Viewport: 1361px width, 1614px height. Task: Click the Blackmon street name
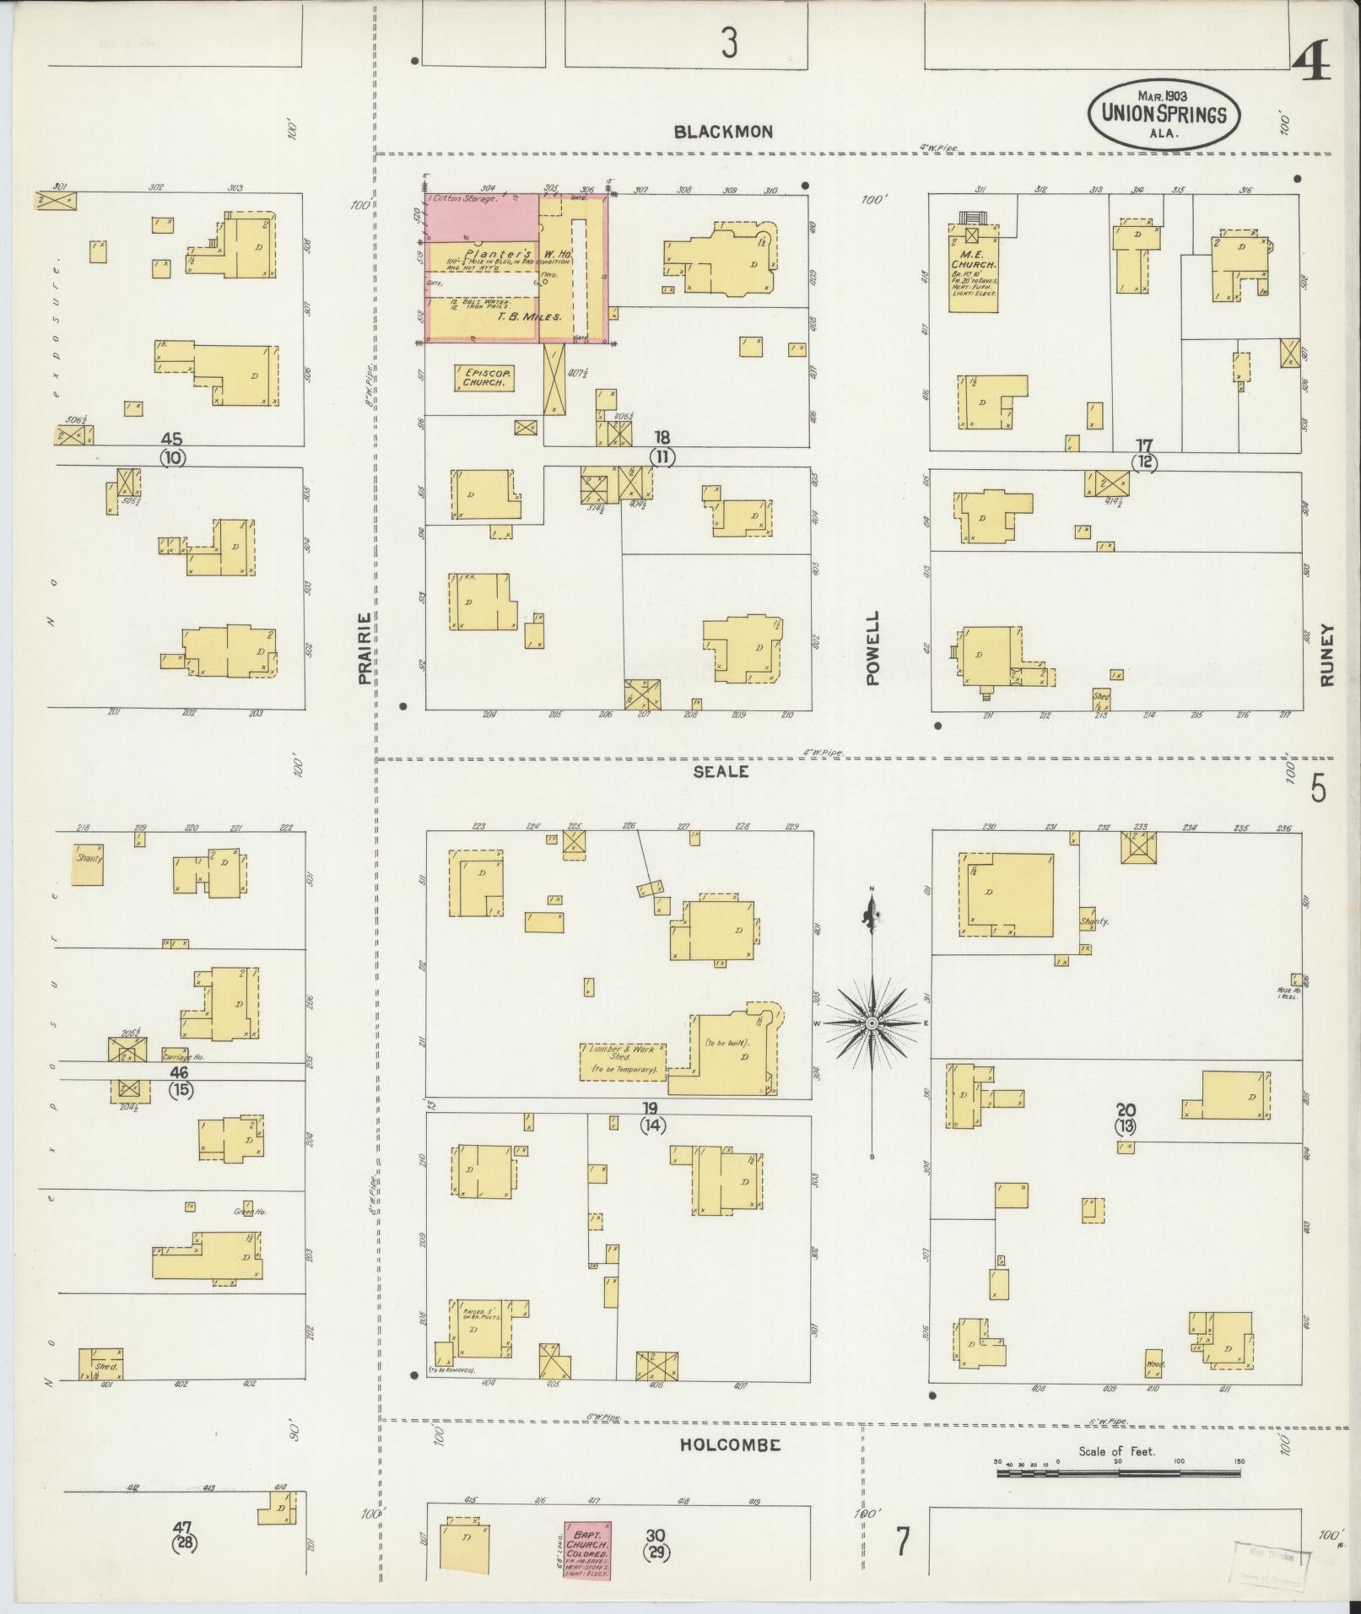pos(723,132)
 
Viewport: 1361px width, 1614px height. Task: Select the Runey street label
pos(1327,655)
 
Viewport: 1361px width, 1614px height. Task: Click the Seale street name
pos(723,771)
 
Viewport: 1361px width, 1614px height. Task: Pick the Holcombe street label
pos(730,1444)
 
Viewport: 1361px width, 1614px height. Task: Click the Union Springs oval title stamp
pos(1164,115)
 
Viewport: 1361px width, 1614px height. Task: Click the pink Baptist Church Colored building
pos(587,1550)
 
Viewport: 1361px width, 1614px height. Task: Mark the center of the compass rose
pos(872,1023)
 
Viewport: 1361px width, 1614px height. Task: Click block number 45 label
pos(172,439)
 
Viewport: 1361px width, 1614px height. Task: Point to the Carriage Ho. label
pos(183,1055)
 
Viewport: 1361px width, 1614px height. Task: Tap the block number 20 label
pos(1126,1110)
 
